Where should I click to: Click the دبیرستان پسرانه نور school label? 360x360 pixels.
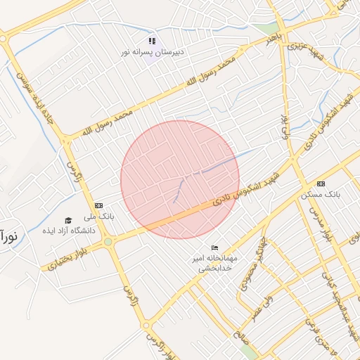point(152,51)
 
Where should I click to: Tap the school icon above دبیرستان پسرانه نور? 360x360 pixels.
point(153,41)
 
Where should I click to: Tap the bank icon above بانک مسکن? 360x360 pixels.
point(321,183)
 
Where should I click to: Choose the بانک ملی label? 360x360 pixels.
point(102,215)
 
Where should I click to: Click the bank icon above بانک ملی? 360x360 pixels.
point(98,205)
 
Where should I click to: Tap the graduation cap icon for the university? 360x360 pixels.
point(68,220)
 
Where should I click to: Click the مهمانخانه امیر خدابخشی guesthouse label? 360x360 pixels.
point(217,262)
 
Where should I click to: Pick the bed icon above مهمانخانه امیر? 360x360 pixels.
point(215,248)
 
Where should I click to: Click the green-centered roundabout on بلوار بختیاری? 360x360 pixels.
point(108,242)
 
